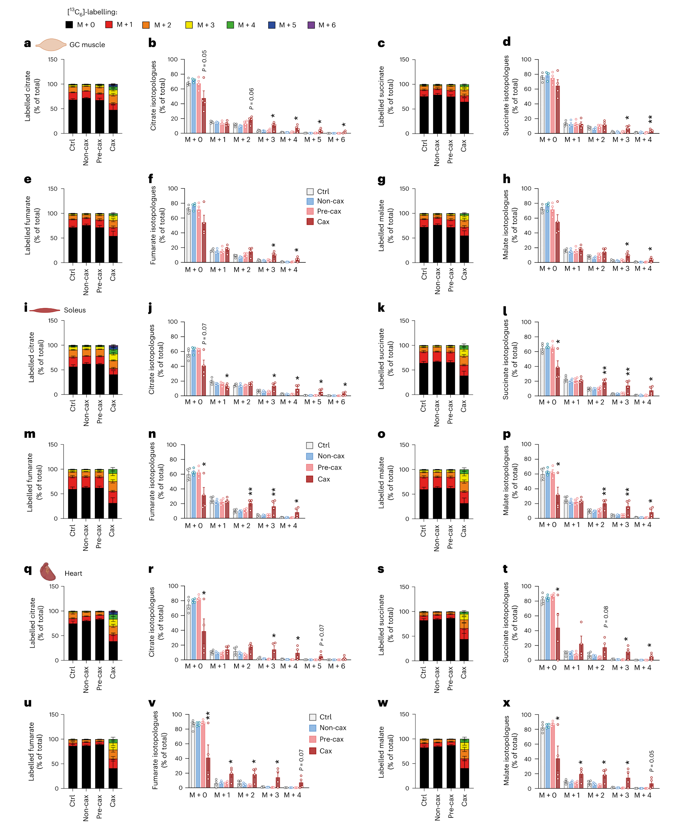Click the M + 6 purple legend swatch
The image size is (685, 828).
click(x=311, y=25)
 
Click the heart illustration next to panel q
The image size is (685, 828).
click(x=48, y=571)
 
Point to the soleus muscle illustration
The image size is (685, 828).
click(x=45, y=310)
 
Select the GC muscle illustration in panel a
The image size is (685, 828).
click(x=51, y=45)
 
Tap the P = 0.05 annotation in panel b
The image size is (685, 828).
click(x=204, y=61)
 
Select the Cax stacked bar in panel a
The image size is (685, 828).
click(x=113, y=108)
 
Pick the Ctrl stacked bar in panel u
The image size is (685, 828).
click(x=73, y=764)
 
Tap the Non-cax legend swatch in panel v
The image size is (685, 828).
click(x=313, y=728)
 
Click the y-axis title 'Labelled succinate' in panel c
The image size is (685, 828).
click(x=381, y=96)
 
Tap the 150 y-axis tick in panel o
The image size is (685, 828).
click(x=404, y=445)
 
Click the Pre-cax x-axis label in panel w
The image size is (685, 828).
click(x=450, y=807)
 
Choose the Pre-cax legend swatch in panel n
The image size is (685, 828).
click(x=310, y=467)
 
